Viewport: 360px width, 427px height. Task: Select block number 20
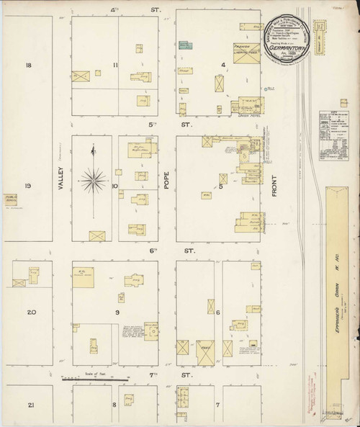[x=30, y=312]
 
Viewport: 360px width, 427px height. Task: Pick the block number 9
[x=116, y=312]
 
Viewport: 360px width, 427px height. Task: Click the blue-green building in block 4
[x=186, y=45]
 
